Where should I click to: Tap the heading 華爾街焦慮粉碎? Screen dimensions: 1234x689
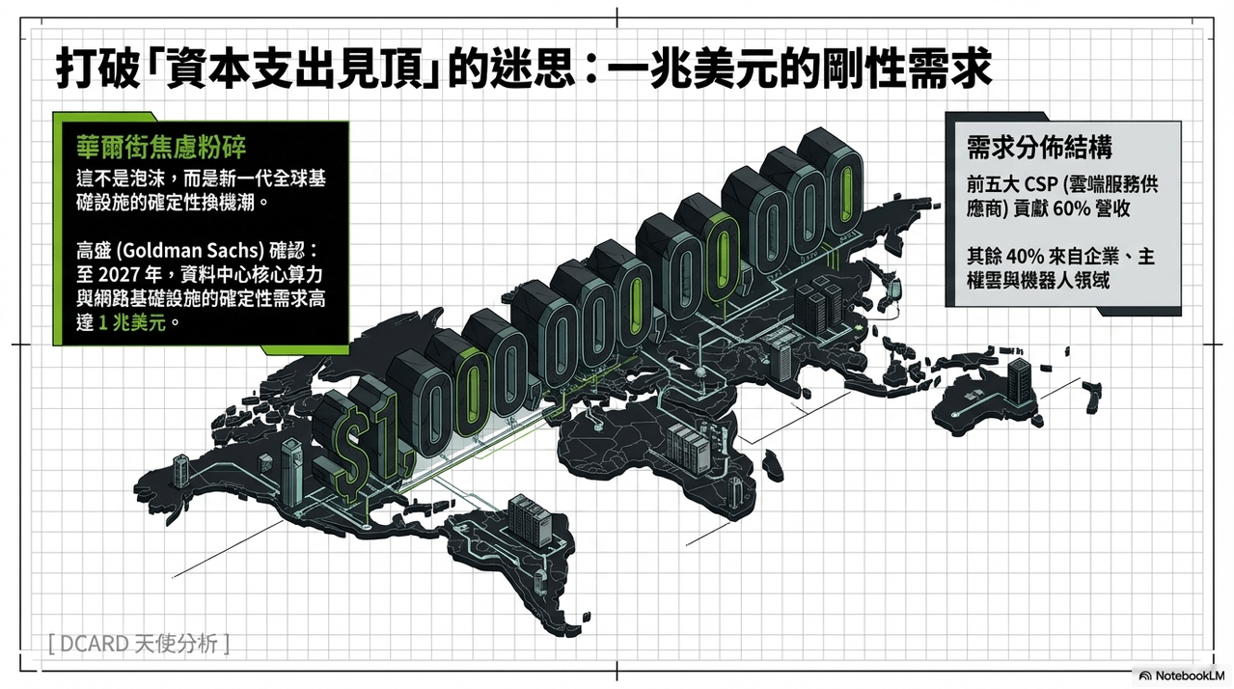point(161,147)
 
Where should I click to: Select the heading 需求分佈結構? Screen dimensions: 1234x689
point(1039,148)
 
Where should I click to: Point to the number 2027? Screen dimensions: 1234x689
point(125,274)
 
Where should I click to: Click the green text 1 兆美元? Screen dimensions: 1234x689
point(131,322)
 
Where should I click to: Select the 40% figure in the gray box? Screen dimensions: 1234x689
point(1026,257)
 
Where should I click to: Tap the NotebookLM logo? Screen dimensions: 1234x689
point(1182,675)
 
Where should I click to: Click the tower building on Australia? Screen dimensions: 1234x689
point(1020,381)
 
